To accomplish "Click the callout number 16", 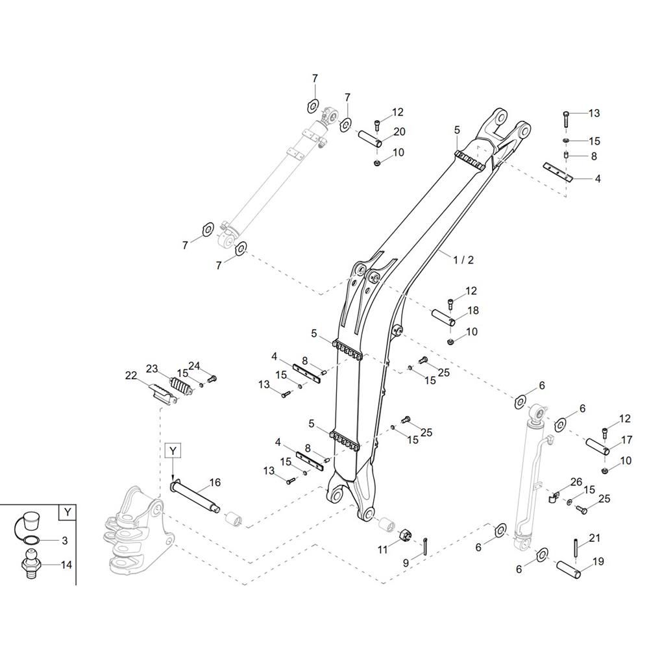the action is [215, 482].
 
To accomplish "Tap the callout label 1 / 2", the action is [463, 260].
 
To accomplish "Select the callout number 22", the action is [131, 376].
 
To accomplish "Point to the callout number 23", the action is [152, 369].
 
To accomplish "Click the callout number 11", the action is [382, 549].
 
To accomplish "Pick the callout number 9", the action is [406, 563].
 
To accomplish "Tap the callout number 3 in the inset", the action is [64, 541].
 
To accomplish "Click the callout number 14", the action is [66, 565].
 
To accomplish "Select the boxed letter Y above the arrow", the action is [173, 450].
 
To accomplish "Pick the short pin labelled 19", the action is [568, 569].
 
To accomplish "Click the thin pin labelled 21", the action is [576, 550].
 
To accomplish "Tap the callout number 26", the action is [576, 482].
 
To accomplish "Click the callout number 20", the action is [399, 132].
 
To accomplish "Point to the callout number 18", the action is [472, 310].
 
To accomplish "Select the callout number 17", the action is [627, 439].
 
